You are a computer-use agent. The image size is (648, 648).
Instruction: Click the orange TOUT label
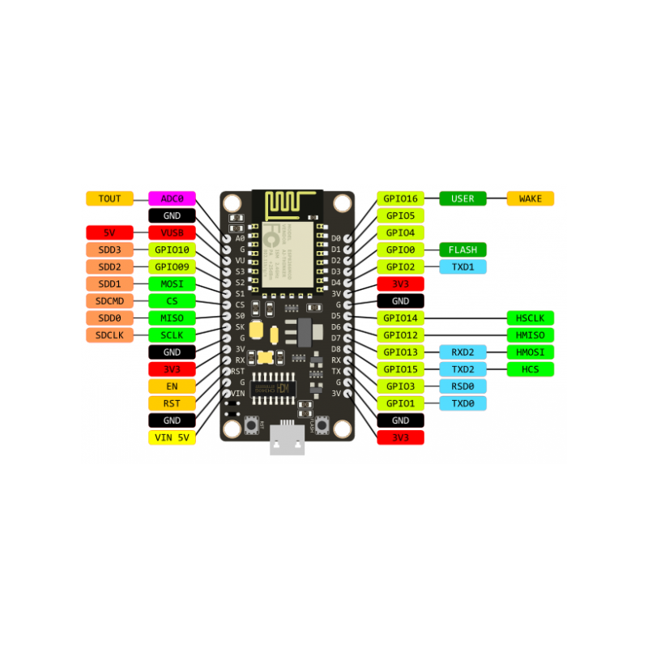[x=109, y=198]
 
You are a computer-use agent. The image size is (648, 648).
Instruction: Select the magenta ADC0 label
[x=172, y=198]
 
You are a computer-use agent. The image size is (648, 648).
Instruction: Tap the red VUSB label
[x=172, y=232]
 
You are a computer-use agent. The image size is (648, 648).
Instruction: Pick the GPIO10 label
[x=172, y=249]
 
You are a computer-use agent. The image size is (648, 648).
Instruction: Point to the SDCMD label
[x=109, y=301]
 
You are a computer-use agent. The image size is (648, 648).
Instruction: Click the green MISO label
[x=172, y=318]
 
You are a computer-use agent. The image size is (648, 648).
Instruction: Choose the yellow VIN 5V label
[x=172, y=437]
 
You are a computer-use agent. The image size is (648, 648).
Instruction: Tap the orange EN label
[x=172, y=386]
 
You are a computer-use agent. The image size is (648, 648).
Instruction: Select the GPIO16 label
[x=400, y=198]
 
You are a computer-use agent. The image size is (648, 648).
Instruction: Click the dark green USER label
[x=463, y=198]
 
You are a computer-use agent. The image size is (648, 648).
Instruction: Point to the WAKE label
[x=531, y=198]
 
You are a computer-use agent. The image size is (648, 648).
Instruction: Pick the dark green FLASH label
[x=463, y=249]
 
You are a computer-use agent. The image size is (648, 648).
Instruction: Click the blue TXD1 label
[x=463, y=266]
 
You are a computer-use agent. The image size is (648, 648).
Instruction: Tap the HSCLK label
[x=531, y=318]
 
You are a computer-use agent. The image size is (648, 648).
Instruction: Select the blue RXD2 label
[x=463, y=352]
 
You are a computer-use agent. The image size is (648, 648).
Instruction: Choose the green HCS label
[x=531, y=369]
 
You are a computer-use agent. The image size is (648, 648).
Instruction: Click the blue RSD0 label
[x=463, y=386]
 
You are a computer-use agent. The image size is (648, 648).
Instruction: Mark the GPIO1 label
[x=400, y=403]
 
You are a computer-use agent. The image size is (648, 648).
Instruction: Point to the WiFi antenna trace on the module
[x=287, y=203]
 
